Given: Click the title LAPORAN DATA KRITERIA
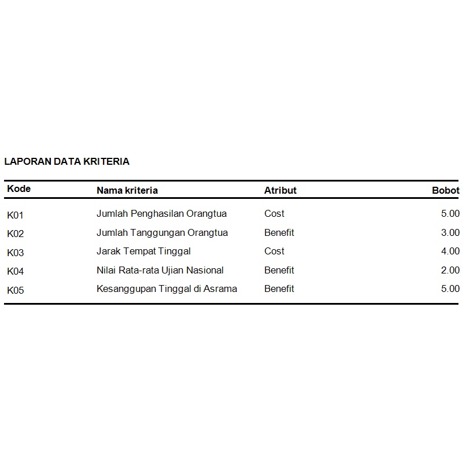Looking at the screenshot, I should pos(67,162).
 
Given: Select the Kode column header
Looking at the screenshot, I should pos(19,189).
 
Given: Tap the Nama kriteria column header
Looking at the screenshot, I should pos(127,190).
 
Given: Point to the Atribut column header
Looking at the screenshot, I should pos(280,190).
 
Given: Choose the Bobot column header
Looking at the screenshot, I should pos(446,190).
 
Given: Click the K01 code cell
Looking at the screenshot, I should pos(16,215).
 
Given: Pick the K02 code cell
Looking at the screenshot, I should pos(16,234).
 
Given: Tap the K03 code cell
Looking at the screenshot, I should pos(16,253).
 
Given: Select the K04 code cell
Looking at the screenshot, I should pos(16,271).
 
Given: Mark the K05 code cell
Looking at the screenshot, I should pos(16,290).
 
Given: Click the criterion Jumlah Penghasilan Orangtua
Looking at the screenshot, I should pos(162,214).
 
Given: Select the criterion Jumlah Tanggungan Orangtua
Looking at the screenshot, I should pos(162,232).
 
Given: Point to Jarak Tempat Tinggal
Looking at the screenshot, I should pos(143,252).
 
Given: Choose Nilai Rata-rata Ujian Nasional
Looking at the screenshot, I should pos(160,270).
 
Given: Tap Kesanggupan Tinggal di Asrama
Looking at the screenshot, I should pos(167,289).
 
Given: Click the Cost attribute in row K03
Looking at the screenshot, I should pos(275,252).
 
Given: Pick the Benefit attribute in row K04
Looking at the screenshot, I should pos(279,270).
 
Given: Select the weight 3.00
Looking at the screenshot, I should pos(450,232).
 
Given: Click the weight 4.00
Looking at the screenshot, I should pos(450,252).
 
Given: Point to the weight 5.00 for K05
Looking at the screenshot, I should pos(450,289).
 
